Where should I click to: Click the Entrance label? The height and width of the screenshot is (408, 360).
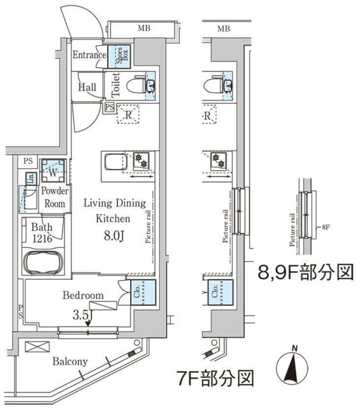(x=89, y=55)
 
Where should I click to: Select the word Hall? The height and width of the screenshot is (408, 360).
(x=88, y=87)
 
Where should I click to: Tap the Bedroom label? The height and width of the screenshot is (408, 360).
(x=83, y=296)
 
